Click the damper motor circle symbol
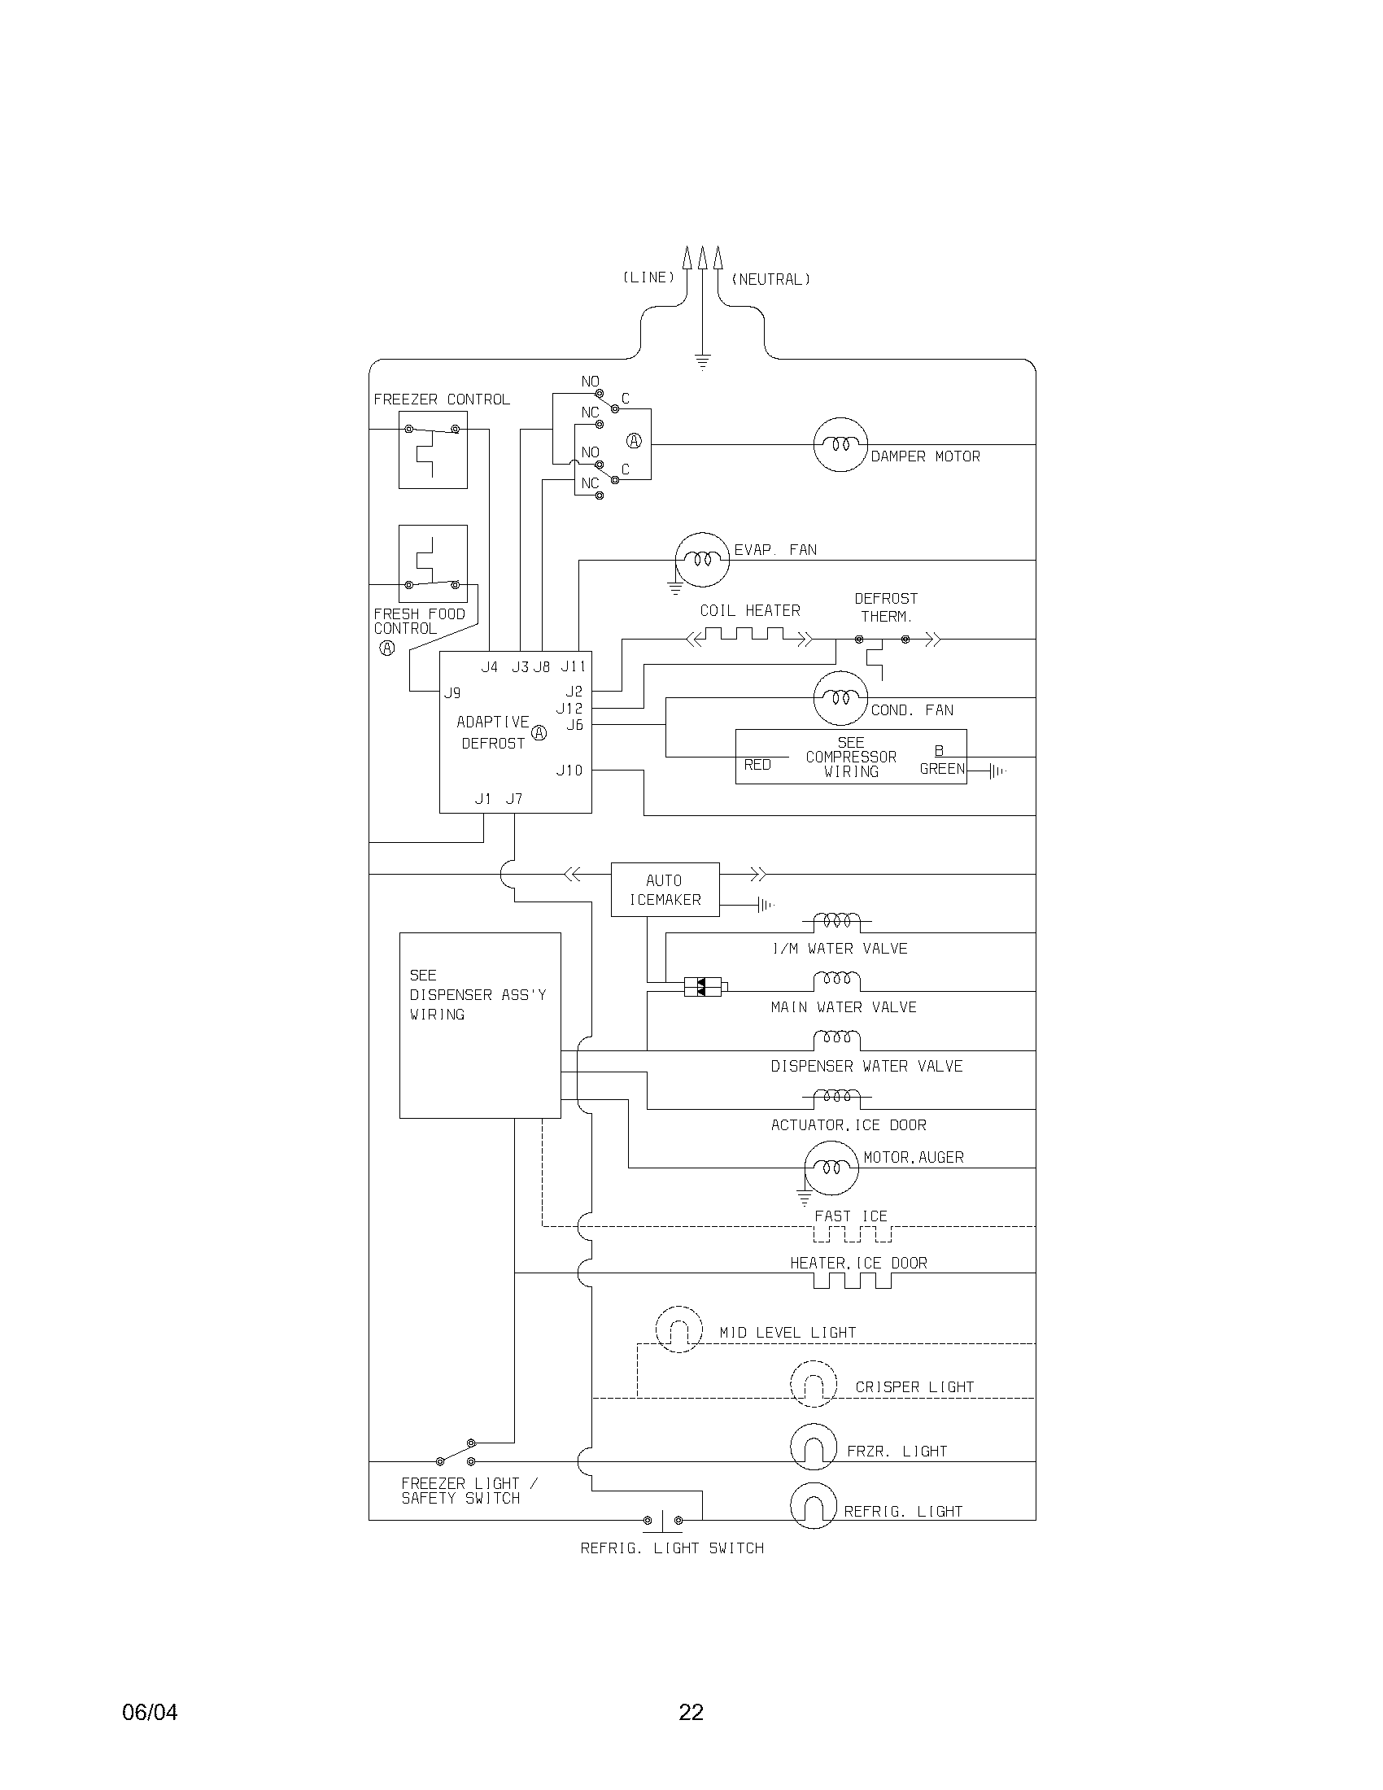[840, 444]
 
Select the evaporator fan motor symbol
[702, 560]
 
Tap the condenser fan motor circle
[840, 698]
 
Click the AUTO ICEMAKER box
[665, 889]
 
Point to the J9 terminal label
[452, 693]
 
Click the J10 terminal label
[569, 771]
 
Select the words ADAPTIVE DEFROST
[492, 732]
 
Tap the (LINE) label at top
[648, 277]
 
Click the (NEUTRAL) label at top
[770, 279]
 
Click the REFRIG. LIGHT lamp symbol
[813, 1505]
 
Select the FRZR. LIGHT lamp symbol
[813, 1447]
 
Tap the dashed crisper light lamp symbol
[813, 1384]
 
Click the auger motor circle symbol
[831, 1167]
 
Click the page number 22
[691, 1712]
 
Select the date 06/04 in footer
[149, 1712]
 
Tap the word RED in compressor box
[757, 765]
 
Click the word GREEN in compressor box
[942, 769]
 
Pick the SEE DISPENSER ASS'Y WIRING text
[478, 994]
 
